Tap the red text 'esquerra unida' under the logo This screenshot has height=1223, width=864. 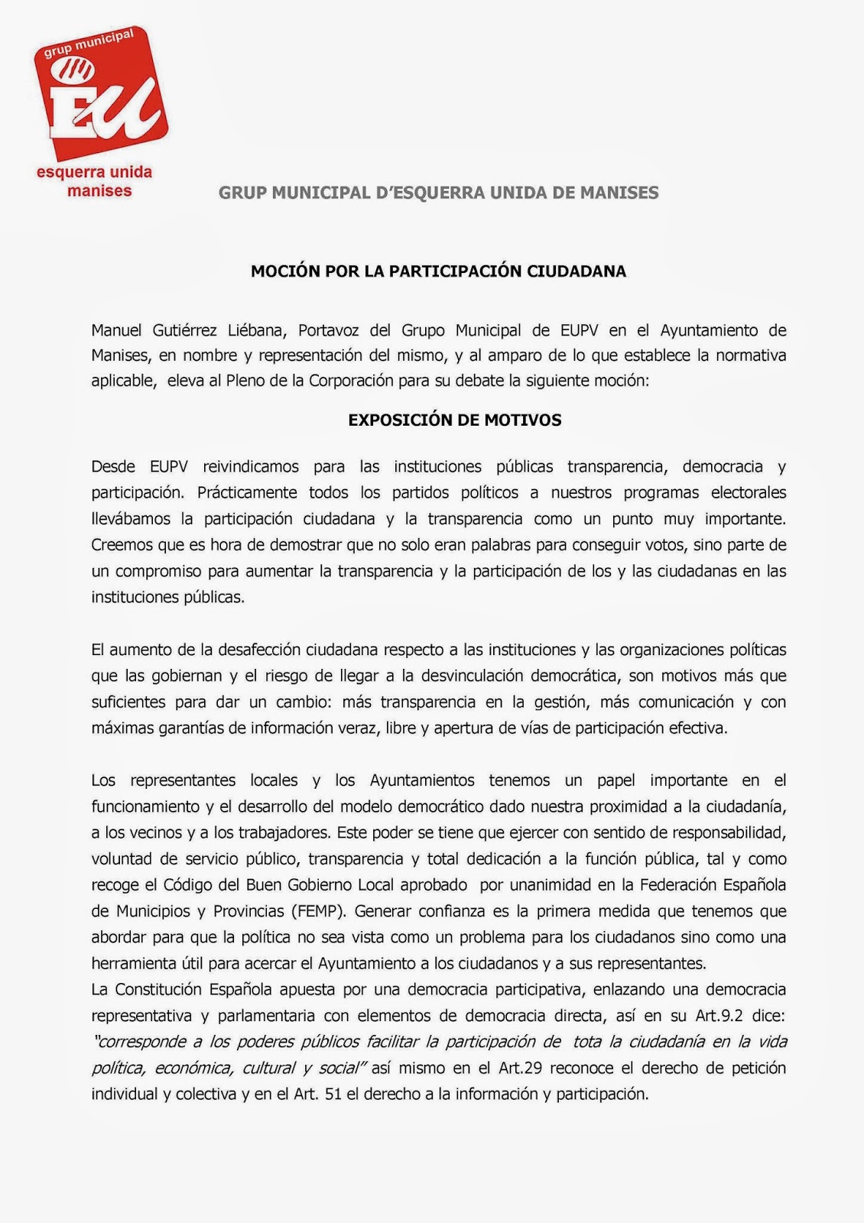click(x=94, y=172)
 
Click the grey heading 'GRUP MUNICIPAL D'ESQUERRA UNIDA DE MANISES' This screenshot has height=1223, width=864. click(x=438, y=193)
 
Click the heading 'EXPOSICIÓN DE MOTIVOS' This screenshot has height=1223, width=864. click(x=454, y=420)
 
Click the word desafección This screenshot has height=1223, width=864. click(x=259, y=650)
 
